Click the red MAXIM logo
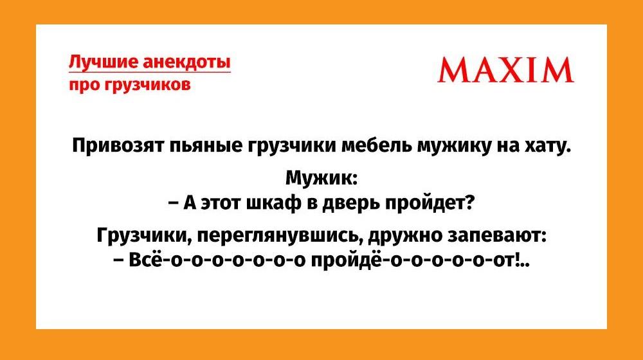pyautogui.click(x=505, y=70)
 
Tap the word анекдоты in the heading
pyautogui.click(x=186, y=62)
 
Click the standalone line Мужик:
pyautogui.click(x=321, y=178)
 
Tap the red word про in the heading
pyautogui.click(x=82, y=85)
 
